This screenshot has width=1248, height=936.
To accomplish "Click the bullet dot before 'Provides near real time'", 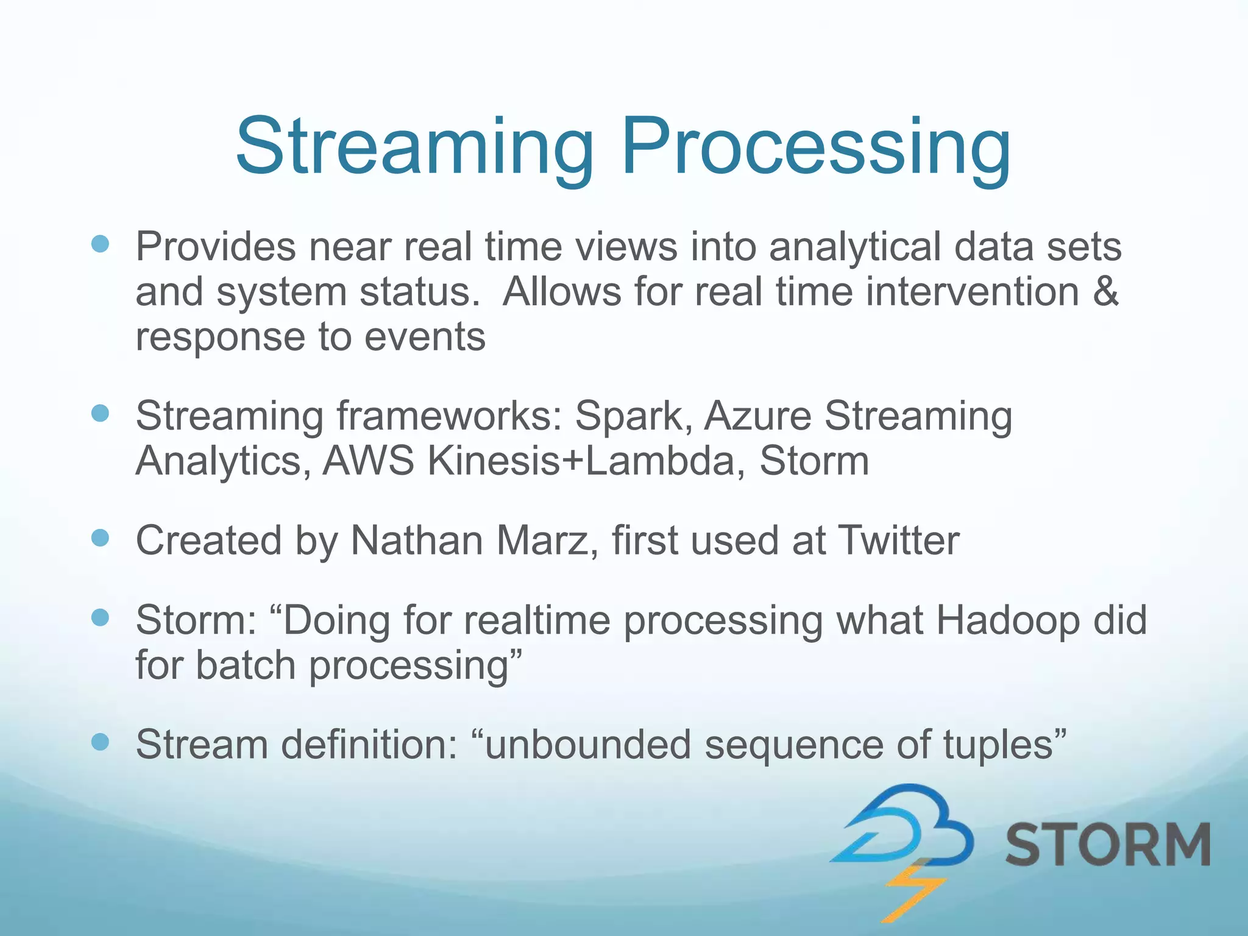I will (x=100, y=244).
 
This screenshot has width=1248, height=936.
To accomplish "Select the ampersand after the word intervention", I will (x=1105, y=291).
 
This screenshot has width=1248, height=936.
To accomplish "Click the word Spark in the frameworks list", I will (x=633, y=416).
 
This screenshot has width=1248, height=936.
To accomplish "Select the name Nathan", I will (x=417, y=541).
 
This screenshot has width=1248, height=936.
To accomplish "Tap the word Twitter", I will (x=898, y=541).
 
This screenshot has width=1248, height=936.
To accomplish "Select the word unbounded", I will (x=588, y=745).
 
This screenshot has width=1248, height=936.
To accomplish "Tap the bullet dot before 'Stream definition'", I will (x=100, y=742).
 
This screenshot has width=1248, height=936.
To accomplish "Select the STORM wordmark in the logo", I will (x=1107, y=844).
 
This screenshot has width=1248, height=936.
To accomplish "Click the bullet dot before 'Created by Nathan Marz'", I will (x=100, y=538).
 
